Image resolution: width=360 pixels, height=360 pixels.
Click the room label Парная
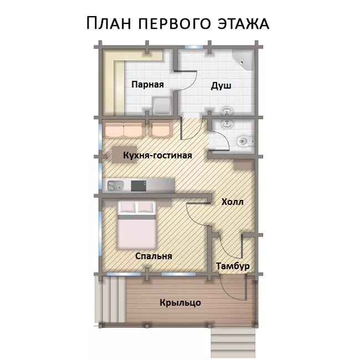(x=148, y=85)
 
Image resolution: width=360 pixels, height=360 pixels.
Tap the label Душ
(x=221, y=86)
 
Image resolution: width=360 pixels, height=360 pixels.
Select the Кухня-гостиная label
(x=157, y=155)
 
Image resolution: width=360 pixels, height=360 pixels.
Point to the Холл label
(x=233, y=202)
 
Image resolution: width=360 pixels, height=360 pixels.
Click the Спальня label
(x=153, y=256)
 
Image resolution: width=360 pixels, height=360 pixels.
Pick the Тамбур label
(x=233, y=266)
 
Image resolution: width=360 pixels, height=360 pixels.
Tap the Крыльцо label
(x=180, y=302)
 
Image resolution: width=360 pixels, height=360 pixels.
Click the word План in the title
(x=109, y=23)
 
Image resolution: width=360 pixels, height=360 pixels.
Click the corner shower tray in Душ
(x=243, y=60)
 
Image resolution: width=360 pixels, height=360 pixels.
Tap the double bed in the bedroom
(x=137, y=225)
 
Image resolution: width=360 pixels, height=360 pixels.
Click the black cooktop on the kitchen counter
(x=138, y=186)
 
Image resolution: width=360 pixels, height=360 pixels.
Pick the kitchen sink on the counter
(x=116, y=186)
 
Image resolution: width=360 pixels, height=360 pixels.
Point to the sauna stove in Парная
(x=162, y=106)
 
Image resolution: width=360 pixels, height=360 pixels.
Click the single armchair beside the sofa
(x=161, y=129)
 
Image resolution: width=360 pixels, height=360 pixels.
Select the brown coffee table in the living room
(x=124, y=155)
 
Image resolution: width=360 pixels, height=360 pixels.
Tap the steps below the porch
(x=233, y=342)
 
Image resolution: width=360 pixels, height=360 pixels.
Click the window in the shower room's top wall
(x=194, y=47)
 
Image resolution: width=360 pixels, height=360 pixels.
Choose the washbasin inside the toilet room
(x=227, y=124)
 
